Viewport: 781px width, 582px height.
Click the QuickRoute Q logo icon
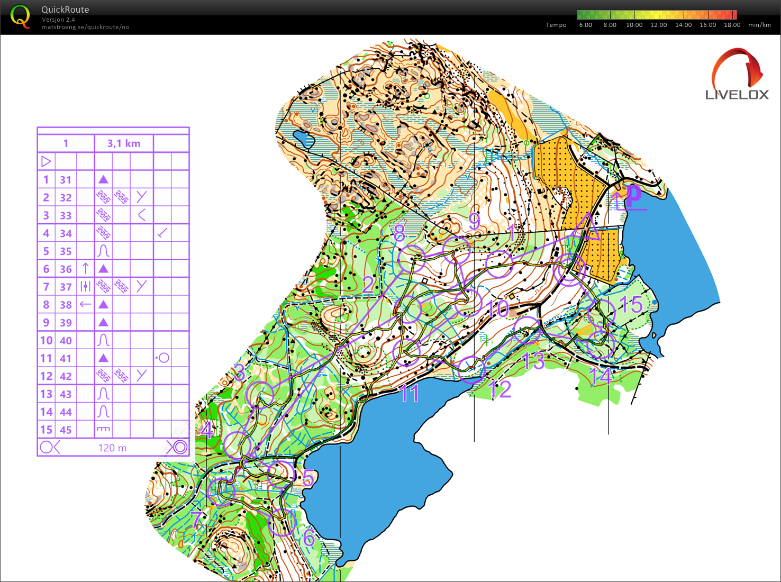tap(20, 16)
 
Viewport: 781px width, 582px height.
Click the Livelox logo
tap(737, 75)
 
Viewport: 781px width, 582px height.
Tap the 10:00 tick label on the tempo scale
tap(634, 25)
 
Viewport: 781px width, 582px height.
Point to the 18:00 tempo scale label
tap(732, 25)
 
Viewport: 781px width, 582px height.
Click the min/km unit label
tap(759, 25)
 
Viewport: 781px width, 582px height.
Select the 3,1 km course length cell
tap(124, 143)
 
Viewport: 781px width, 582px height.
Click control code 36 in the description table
tap(66, 269)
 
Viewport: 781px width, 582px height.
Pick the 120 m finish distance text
tap(112, 448)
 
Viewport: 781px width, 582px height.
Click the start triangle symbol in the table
tap(46, 161)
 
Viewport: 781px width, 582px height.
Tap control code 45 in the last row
tap(66, 430)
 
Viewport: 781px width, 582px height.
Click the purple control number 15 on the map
tap(631, 305)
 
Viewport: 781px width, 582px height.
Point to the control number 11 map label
tap(410, 394)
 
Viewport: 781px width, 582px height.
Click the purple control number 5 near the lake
tap(308, 478)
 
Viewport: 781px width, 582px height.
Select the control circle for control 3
tap(260, 394)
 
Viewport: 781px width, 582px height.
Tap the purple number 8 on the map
tap(399, 233)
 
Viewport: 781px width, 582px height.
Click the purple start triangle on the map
tap(587, 229)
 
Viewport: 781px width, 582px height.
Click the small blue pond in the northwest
tap(304, 139)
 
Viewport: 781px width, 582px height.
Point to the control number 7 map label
tap(196, 520)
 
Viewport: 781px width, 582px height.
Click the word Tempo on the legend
tap(556, 25)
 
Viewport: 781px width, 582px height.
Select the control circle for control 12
tap(471, 369)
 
